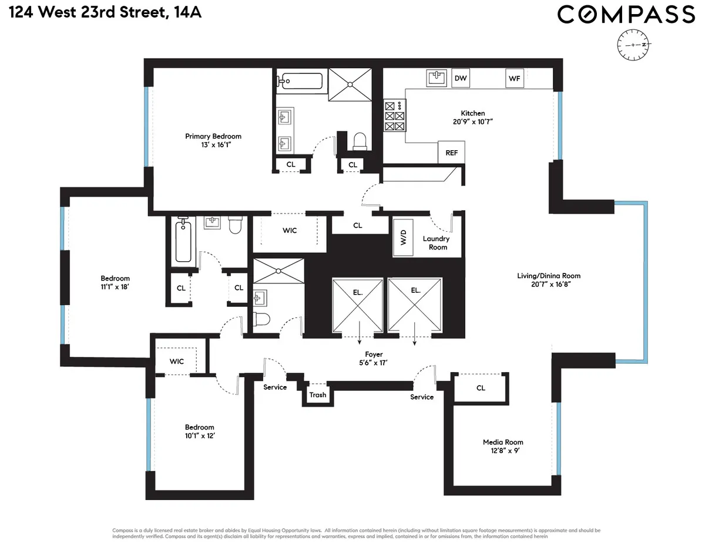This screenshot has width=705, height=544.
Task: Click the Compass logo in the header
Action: pos(626,15)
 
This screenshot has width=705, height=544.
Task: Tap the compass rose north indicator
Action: pos(636,45)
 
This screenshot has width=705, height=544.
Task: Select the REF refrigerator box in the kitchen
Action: pos(451,153)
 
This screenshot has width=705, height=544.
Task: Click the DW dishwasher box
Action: pos(461,78)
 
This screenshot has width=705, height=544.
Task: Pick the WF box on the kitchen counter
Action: pos(515,78)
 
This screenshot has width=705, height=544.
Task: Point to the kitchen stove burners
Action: pos(394,116)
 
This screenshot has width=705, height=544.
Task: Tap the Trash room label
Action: pos(318,394)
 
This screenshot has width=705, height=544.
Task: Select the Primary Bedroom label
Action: pos(213,136)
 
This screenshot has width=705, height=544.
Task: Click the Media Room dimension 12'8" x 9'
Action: pos(503,451)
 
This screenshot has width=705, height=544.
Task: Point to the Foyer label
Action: pos(374,354)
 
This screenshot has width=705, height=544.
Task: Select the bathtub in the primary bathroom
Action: pos(300,81)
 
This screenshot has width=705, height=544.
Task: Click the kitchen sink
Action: pos(435,77)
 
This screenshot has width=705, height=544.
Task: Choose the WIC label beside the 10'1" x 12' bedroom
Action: pos(177,361)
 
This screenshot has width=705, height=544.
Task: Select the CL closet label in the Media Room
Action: pos(481,388)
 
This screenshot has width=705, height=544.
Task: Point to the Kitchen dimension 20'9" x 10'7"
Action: pos(473,122)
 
